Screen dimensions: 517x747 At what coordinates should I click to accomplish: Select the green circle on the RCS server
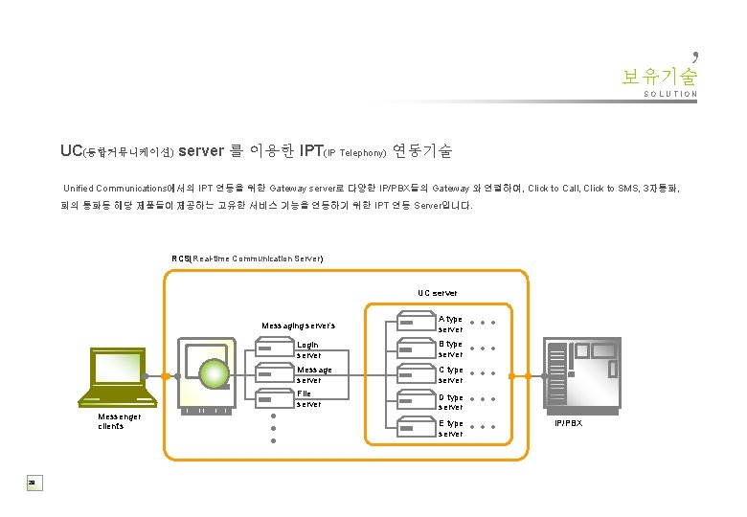tap(214, 374)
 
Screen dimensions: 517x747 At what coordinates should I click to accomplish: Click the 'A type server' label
tap(450, 324)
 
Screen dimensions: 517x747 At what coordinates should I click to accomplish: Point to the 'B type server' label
tap(450, 348)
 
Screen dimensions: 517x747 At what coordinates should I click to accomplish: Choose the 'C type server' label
tap(450, 374)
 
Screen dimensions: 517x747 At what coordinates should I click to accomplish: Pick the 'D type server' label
tap(450, 401)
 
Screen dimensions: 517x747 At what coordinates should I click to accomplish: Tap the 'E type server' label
tap(450, 428)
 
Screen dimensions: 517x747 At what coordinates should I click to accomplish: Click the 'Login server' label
tap(308, 349)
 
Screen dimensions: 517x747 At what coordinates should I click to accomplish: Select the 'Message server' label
tap(314, 374)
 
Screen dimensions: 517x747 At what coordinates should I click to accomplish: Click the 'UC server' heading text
tap(438, 292)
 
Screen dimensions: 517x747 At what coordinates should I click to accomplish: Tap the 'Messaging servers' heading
tap(298, 326)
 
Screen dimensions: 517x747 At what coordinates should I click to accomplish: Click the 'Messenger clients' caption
tap(119, 421)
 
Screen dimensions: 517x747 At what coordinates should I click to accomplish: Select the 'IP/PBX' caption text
tap(568, 422)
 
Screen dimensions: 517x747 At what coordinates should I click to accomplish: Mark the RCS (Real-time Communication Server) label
tap(247, 258)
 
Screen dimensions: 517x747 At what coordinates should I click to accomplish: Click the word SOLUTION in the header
tap(670, 95)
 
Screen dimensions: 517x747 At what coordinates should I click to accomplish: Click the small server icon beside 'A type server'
tap(413, 323)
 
